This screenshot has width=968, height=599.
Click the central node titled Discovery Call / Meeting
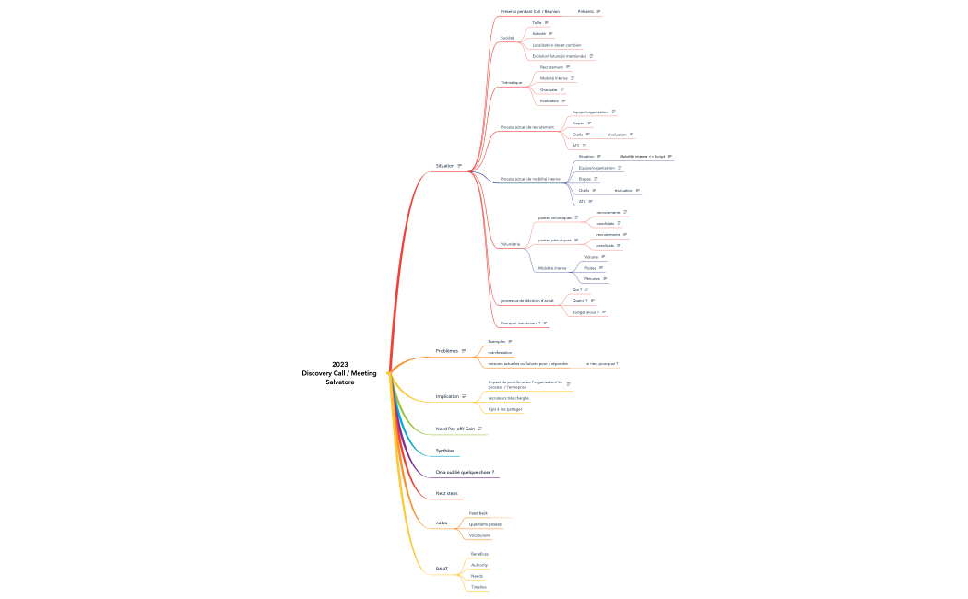click(339, 372)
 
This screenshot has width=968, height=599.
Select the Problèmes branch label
click(446, 351)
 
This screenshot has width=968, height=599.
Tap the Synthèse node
click(445, 451)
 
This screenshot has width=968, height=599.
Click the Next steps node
click(446, 493)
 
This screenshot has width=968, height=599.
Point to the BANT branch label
click(442, 569)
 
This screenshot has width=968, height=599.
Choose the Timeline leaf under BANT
click(478, 587)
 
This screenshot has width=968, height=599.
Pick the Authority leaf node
click(479, 565)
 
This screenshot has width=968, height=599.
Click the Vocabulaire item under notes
click(479, 535)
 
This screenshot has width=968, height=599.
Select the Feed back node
click(478, 513)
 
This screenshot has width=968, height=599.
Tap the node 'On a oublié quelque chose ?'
click(465, 472)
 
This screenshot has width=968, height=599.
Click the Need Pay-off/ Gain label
click(455, 429)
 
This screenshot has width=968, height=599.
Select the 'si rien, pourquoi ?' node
click(602, 364)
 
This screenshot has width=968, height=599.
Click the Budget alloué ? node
click(585, 312)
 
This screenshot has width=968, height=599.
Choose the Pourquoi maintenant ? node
click(520, 323)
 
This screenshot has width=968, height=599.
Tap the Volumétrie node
click(510, 244)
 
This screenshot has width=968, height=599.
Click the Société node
click(507, 38)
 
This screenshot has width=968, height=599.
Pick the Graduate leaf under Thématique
click(549, 89)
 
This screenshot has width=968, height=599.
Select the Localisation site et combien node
click(557, 44)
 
